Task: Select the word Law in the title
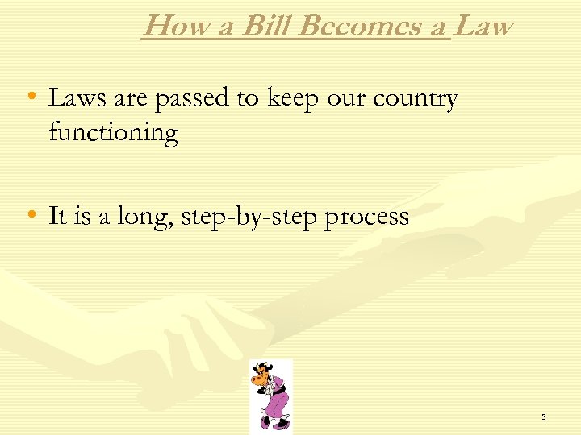[483, 27]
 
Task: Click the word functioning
[113, 132]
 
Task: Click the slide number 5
[544, 416]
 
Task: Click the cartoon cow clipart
[270, 395]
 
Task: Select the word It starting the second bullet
[56, 216]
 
